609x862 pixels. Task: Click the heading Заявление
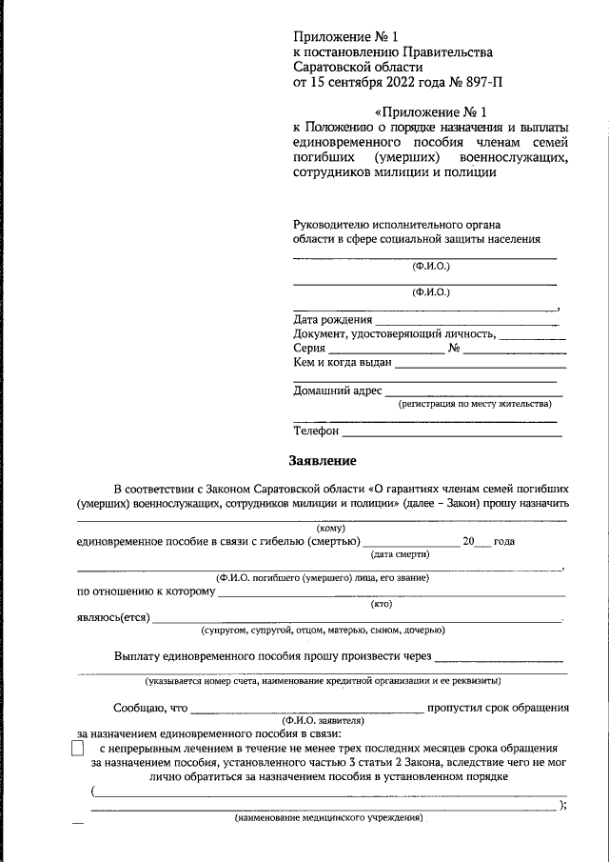(x=323, y=462)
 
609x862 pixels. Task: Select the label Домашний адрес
(x=337, y=391)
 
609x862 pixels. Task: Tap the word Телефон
(x=316, y=431)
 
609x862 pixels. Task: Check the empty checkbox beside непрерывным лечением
(x=78, y=751)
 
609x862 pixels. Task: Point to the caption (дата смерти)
(x=401, y=554)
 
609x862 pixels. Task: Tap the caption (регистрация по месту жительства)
(x=475, y=405)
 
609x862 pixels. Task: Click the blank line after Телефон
(x=452, y=433)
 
